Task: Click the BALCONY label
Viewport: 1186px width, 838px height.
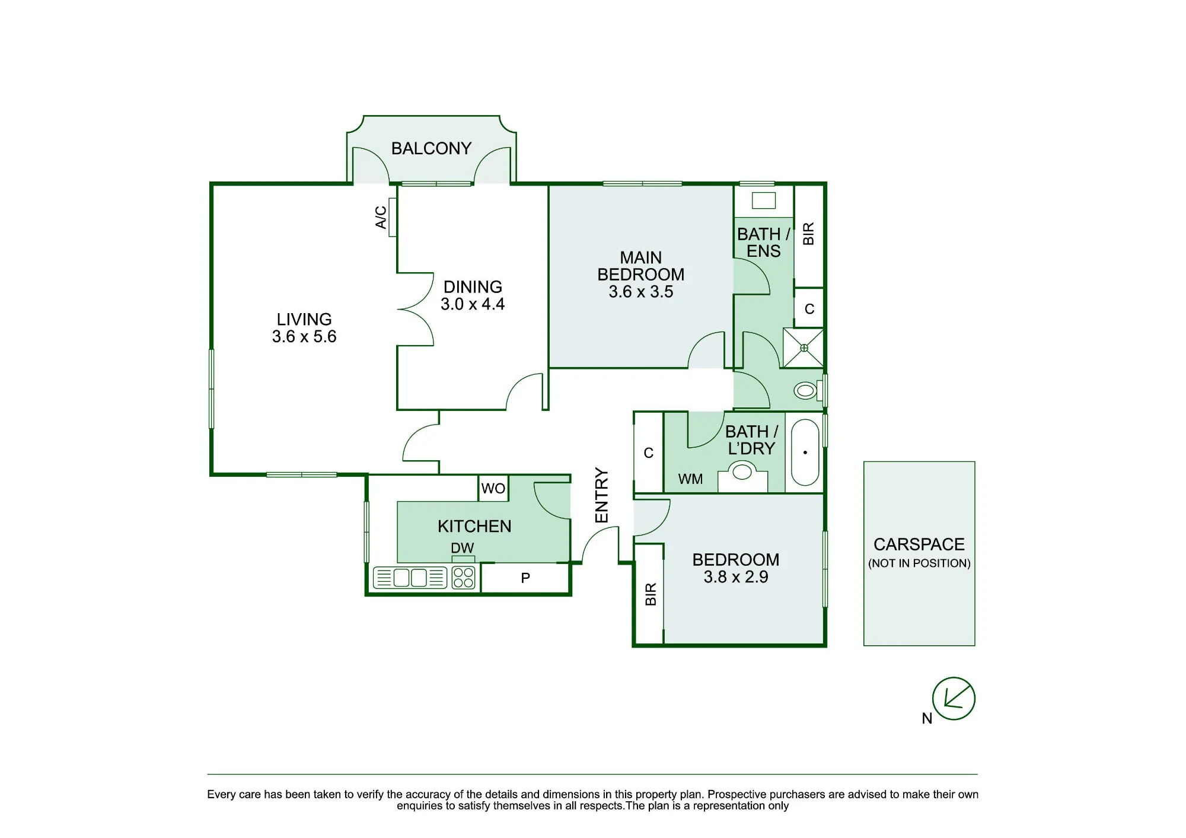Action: [x=431, y=148]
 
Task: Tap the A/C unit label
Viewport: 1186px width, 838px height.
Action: [x=381, y=217]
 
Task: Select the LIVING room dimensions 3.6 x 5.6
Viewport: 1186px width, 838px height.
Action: [x=304, y=336]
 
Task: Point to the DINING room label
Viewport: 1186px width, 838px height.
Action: [x=473, y=287]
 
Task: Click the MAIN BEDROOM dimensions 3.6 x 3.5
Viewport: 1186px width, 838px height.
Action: [x=641, y=292]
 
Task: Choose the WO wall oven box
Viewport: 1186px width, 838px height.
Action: [x=493, y=488]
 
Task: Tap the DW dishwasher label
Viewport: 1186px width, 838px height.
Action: [x=463, y=548]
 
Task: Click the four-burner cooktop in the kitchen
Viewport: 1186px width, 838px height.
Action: [x=463, y=578]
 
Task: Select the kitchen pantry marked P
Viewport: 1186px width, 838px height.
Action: [x=525, y=578]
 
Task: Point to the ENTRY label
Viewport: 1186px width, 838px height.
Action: [x=602, y=495]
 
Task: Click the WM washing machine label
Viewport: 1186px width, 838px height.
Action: [x=690, y=479]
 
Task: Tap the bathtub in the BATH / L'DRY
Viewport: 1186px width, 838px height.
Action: [x=805, y=453]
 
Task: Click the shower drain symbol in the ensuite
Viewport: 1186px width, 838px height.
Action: [x=804, y=348]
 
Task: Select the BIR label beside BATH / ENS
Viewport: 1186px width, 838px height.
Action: [x=808, y=234]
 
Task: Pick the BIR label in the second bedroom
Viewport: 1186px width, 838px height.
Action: [x=651, y=594]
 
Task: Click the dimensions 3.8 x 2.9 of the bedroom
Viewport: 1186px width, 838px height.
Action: [x=736, y=577]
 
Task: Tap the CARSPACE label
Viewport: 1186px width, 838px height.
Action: [x=919, y=544]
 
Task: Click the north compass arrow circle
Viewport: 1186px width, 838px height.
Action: [x=954, y=699]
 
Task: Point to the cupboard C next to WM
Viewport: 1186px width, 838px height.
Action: [x=649, y=453]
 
